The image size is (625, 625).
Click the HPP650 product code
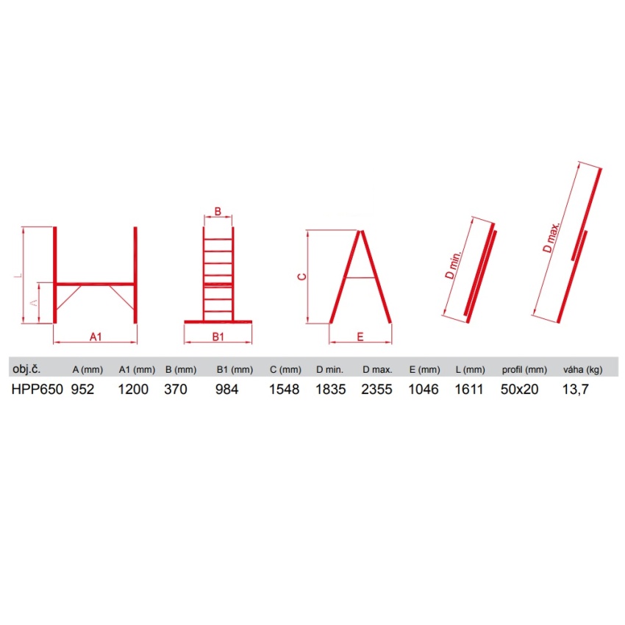[x=37, y=390]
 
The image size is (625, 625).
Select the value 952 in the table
[x=82, y=390]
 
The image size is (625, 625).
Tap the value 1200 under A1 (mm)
[x=133, y=390]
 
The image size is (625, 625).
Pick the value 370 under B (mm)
[x=176, y=390]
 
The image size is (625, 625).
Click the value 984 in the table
[x=226, y=390]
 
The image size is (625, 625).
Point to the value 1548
[x=285, y=390]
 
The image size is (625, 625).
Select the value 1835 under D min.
[x=330, y=390]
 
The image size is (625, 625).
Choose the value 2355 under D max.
[x=376, y=390]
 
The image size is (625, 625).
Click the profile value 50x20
[x=519, y=390]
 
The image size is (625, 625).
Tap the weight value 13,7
[x=575, y=390]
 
